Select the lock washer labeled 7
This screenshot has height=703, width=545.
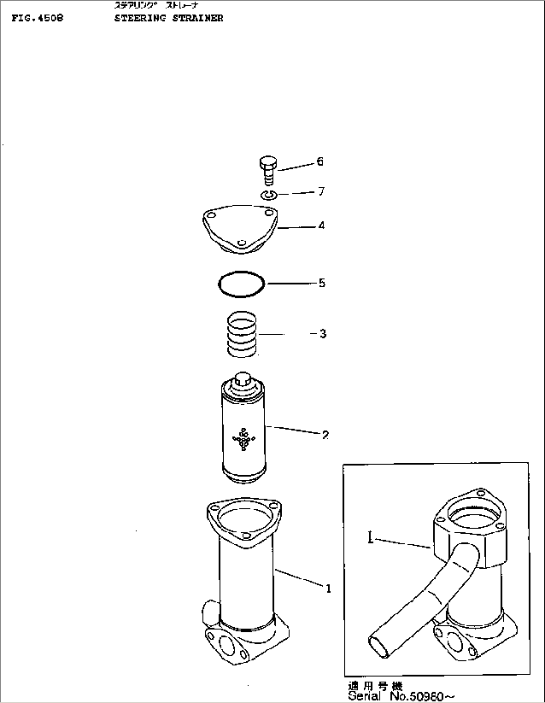click(x=268, y=195)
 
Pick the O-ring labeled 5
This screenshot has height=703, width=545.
click(x=241, y=285)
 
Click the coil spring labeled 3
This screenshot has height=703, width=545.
click(x=242, y=334)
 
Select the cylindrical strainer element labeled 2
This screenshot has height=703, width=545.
click(x=242, y=435)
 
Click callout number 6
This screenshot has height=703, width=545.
click(x=320, y=161)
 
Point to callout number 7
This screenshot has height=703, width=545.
click(x=321, y=191)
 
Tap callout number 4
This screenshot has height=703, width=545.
click(x=321, y=225)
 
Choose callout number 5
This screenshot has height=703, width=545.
click(x=321, y=283)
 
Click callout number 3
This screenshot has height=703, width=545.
click(x=323, y=333)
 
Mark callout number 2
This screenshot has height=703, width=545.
click(x=325, y=435)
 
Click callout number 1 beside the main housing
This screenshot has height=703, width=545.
click(x=328, y=589)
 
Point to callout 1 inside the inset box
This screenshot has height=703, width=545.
click(x=370, y=539)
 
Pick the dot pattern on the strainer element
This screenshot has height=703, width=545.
click(x=243, y=439)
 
